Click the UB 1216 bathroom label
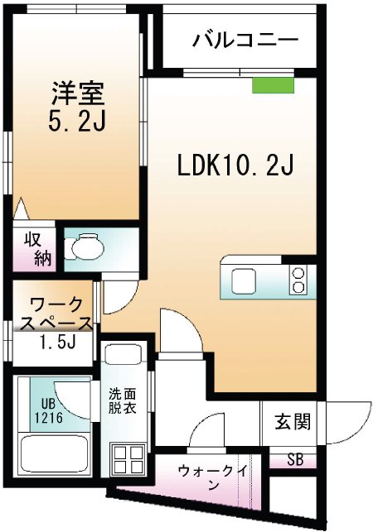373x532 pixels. (x=43, y=410)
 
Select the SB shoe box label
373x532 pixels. (x=295, y=459)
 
